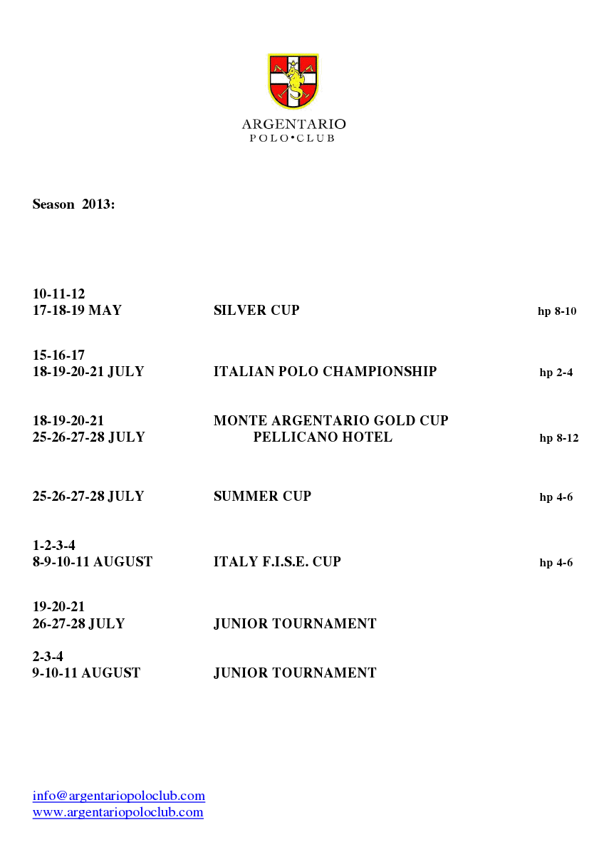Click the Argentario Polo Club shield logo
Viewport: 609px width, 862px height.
pyautogui.click(x=293, y=81)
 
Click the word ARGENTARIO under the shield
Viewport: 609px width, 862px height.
pyautogui.click(x=293, y=125)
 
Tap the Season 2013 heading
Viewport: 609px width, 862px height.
pyautogui.click(x=73, y=204)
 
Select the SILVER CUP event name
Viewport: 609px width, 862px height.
pyautogui.click(x=256, y=311)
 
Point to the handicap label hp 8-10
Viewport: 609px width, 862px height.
pyautogui.click(x=556, y=311)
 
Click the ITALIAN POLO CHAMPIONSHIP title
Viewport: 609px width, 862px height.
pyautogui.click(x=325, y=372)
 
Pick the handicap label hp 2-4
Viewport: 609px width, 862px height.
pyautogui.click(x=556, y=373)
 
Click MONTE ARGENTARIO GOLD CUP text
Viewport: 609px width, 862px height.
pyautogui.click(x=330, y=421)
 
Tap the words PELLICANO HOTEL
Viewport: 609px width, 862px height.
pyautogui.click(x=322, y=437)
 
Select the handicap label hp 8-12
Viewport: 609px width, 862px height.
pyautogui.click(x=558, y=438)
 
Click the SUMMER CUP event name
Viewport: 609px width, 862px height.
pyautogui.click(x=262, y=497)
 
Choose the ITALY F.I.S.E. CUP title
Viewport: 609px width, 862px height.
pyautogui.click(x=277, y=562)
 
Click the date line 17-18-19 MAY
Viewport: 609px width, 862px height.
pyautogui.click(x=77, y=311)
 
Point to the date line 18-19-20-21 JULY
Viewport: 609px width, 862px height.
pyautogui.click(x=88, y=372)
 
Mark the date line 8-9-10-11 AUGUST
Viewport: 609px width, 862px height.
pyautogui.click(x=92, y=562)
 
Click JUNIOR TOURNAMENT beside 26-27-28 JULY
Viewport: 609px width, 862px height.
pyautogui.click(x=295, y=624)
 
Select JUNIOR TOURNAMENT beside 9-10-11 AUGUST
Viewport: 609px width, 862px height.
pyautogui.click(x=295, y=673)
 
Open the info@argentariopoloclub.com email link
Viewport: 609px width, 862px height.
pyautogui.click(x=119, y=796)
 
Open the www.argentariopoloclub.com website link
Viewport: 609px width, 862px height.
pyautogui.click(x=118, y=812)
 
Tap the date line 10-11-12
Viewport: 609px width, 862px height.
pyautogui.click(x=58, y=294)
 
